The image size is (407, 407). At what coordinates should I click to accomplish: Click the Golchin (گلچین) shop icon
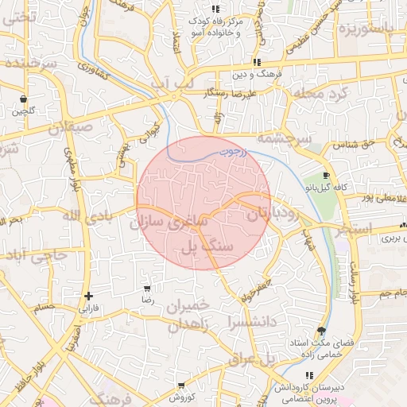[x=24, y=99]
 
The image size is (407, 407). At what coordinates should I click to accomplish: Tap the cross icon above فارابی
[x=88, y=296]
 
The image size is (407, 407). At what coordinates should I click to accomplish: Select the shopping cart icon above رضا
[x=147, y=289]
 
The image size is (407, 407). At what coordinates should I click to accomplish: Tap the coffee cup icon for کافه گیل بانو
[x=326, y=176]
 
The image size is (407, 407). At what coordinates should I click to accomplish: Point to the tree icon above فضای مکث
[x=321, y=331]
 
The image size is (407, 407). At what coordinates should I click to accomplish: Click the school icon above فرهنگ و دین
[x=256, y=62]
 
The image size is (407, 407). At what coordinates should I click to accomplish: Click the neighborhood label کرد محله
[x=320, y=93]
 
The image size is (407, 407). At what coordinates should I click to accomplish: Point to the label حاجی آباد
[x=36, y=255]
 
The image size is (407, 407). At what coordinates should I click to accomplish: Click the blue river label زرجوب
[x=233, y=147]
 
